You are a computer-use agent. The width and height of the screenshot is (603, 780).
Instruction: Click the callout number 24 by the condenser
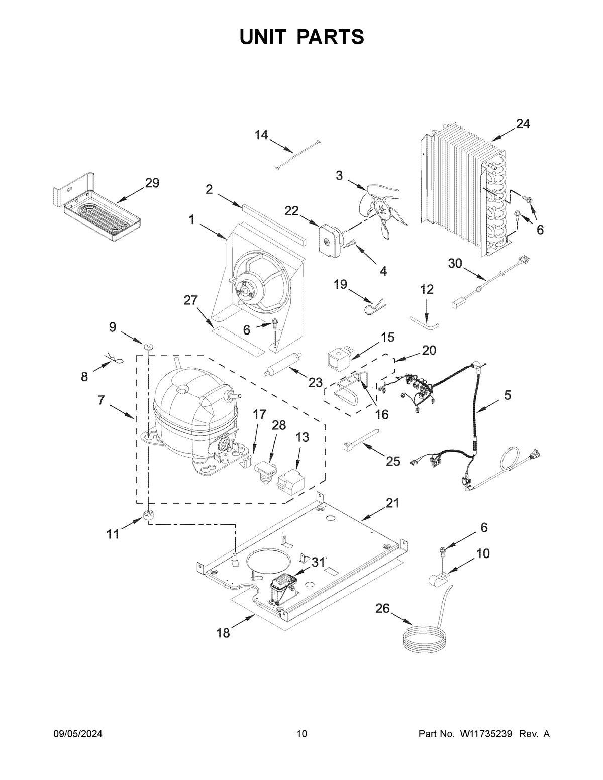point(523,124)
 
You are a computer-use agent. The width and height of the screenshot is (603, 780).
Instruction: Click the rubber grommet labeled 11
point(149,516)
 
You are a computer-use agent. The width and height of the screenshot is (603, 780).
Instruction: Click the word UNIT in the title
point(265,37)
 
